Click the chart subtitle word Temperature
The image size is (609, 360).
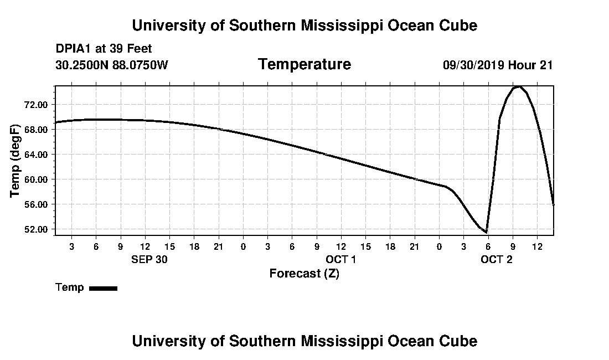[304, 65]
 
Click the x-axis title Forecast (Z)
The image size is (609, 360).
[304, 274]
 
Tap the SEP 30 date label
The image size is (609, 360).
[149, 259]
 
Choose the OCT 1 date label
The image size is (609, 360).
[340, 259]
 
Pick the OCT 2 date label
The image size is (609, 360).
[497, 259]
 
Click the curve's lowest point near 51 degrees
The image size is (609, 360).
[486, 232]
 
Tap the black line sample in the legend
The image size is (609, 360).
[103, 288]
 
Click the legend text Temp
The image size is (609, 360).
[70, 287]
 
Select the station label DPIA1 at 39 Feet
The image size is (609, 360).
[104, 49]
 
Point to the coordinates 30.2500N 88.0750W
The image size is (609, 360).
[112, 65]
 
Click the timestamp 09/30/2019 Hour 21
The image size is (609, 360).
[498, 65]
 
